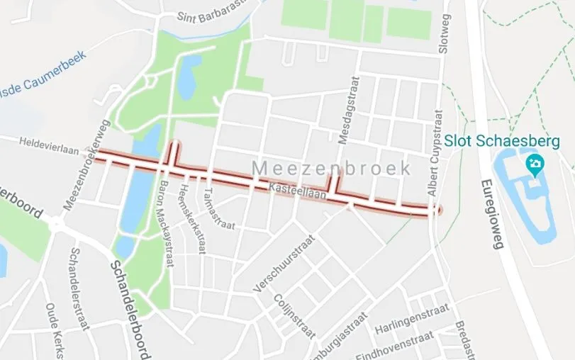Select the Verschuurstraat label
coord(282,266)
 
